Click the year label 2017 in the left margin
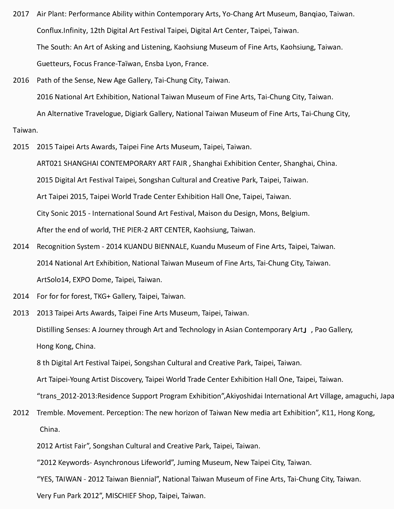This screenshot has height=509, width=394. click(21, 14)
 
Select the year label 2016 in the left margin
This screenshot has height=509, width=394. click(21, 80)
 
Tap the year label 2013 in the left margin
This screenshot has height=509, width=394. click(21, 313)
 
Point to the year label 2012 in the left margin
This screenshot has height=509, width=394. click(21, 413)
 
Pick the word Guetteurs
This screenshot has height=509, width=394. click(53, 64)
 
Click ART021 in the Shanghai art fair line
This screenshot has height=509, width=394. click(49, 163)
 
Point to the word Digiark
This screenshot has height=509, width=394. click(135, 114)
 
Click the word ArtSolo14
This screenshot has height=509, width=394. click(53, 280)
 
